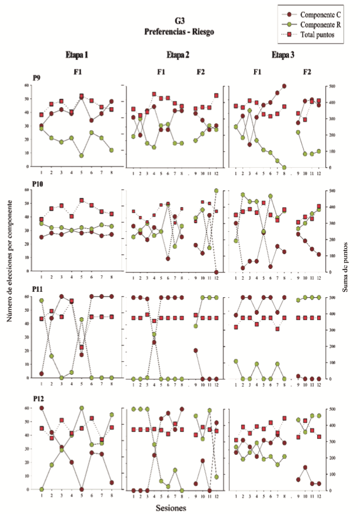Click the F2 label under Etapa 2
coord(201,72)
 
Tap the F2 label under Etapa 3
coord(306,72)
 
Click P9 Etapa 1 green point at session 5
coord(81,155)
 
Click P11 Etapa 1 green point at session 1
coord(41,301)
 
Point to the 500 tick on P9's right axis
coord(333,86)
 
